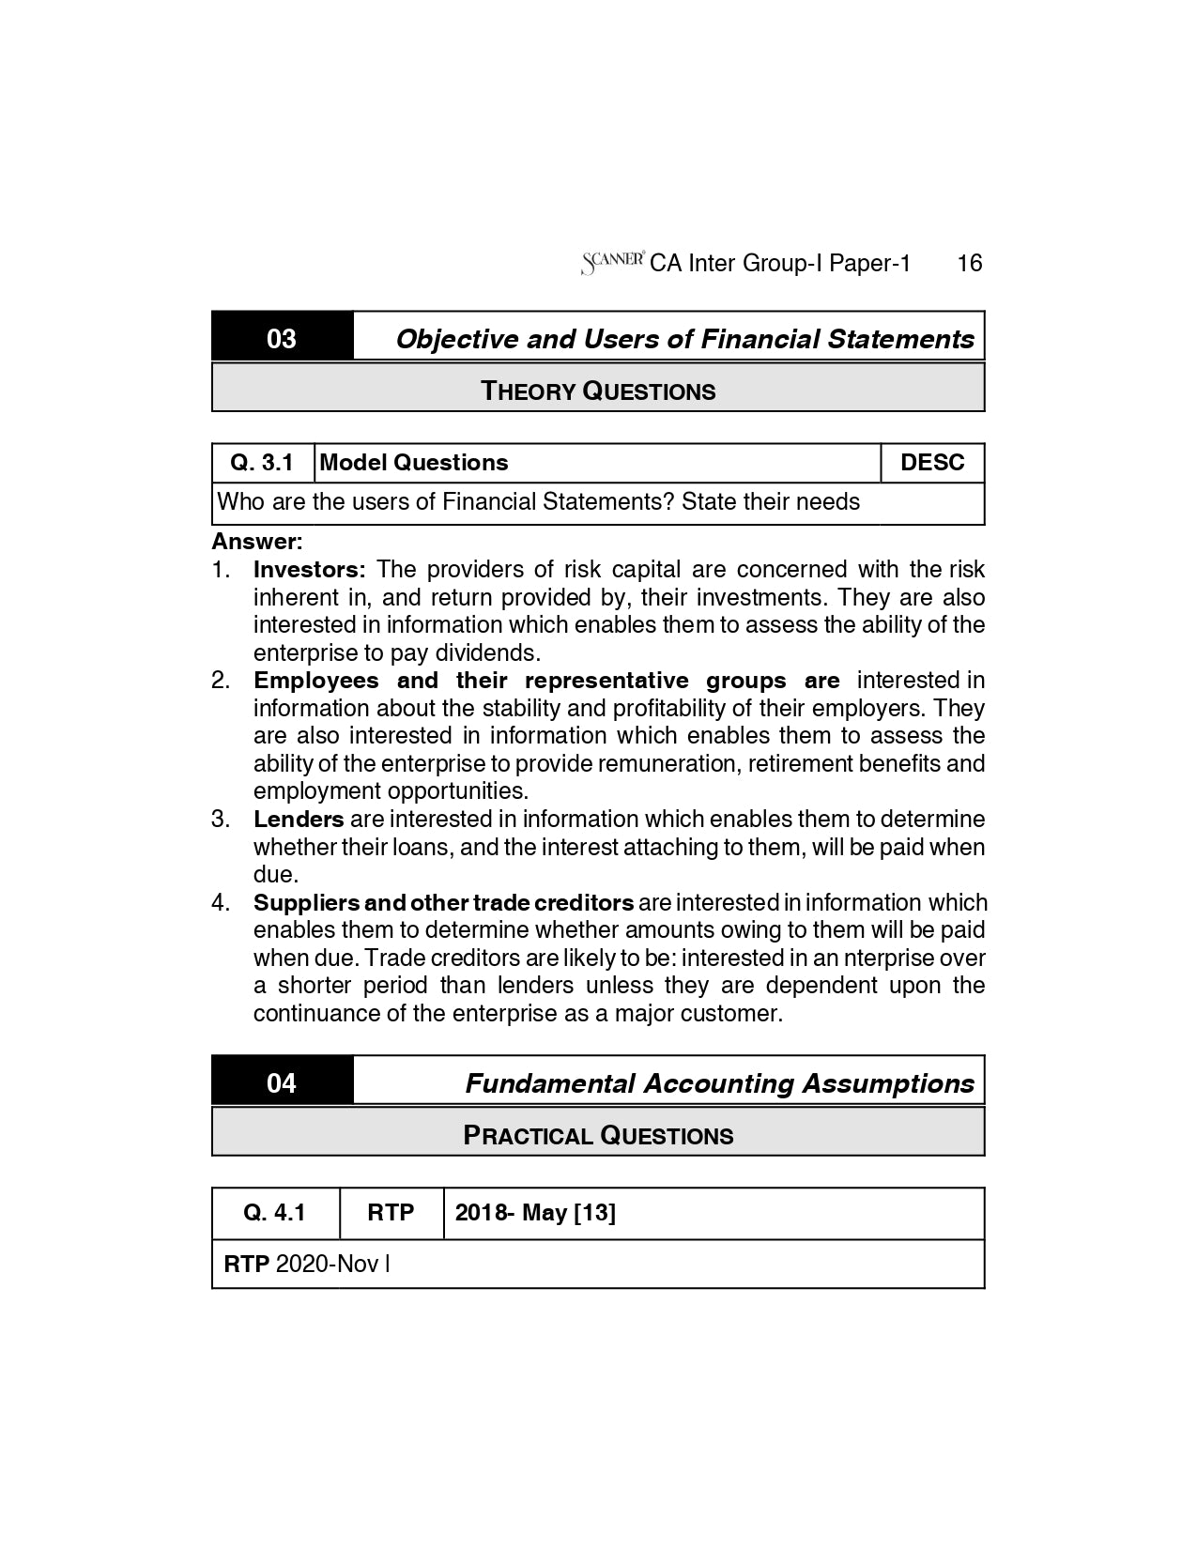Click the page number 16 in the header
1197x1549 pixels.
click(969, 263)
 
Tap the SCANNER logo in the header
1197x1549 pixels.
click(612, 262)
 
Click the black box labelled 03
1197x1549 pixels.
click(282, 338)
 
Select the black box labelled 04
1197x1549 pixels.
click(282, 1082)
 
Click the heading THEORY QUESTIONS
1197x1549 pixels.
click(598, 391)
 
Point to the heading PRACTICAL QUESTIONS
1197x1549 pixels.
click(598, 1135)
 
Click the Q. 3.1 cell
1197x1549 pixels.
click(263, 463)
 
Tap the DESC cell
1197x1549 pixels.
click(931, 463)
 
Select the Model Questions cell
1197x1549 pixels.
click(414, 463)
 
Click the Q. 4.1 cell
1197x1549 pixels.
click(274, 1213)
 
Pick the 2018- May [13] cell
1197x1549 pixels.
click(535, 1213)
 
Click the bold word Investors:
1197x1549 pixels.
click(309, 570)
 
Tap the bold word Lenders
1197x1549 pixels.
click(299, 820)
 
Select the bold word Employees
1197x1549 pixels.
click(315, 681)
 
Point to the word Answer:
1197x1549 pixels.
click(256, 542)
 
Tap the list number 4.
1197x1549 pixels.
click(221, 903)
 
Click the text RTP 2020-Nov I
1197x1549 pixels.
click(306, 1264)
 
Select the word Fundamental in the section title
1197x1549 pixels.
click(549, 1083)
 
